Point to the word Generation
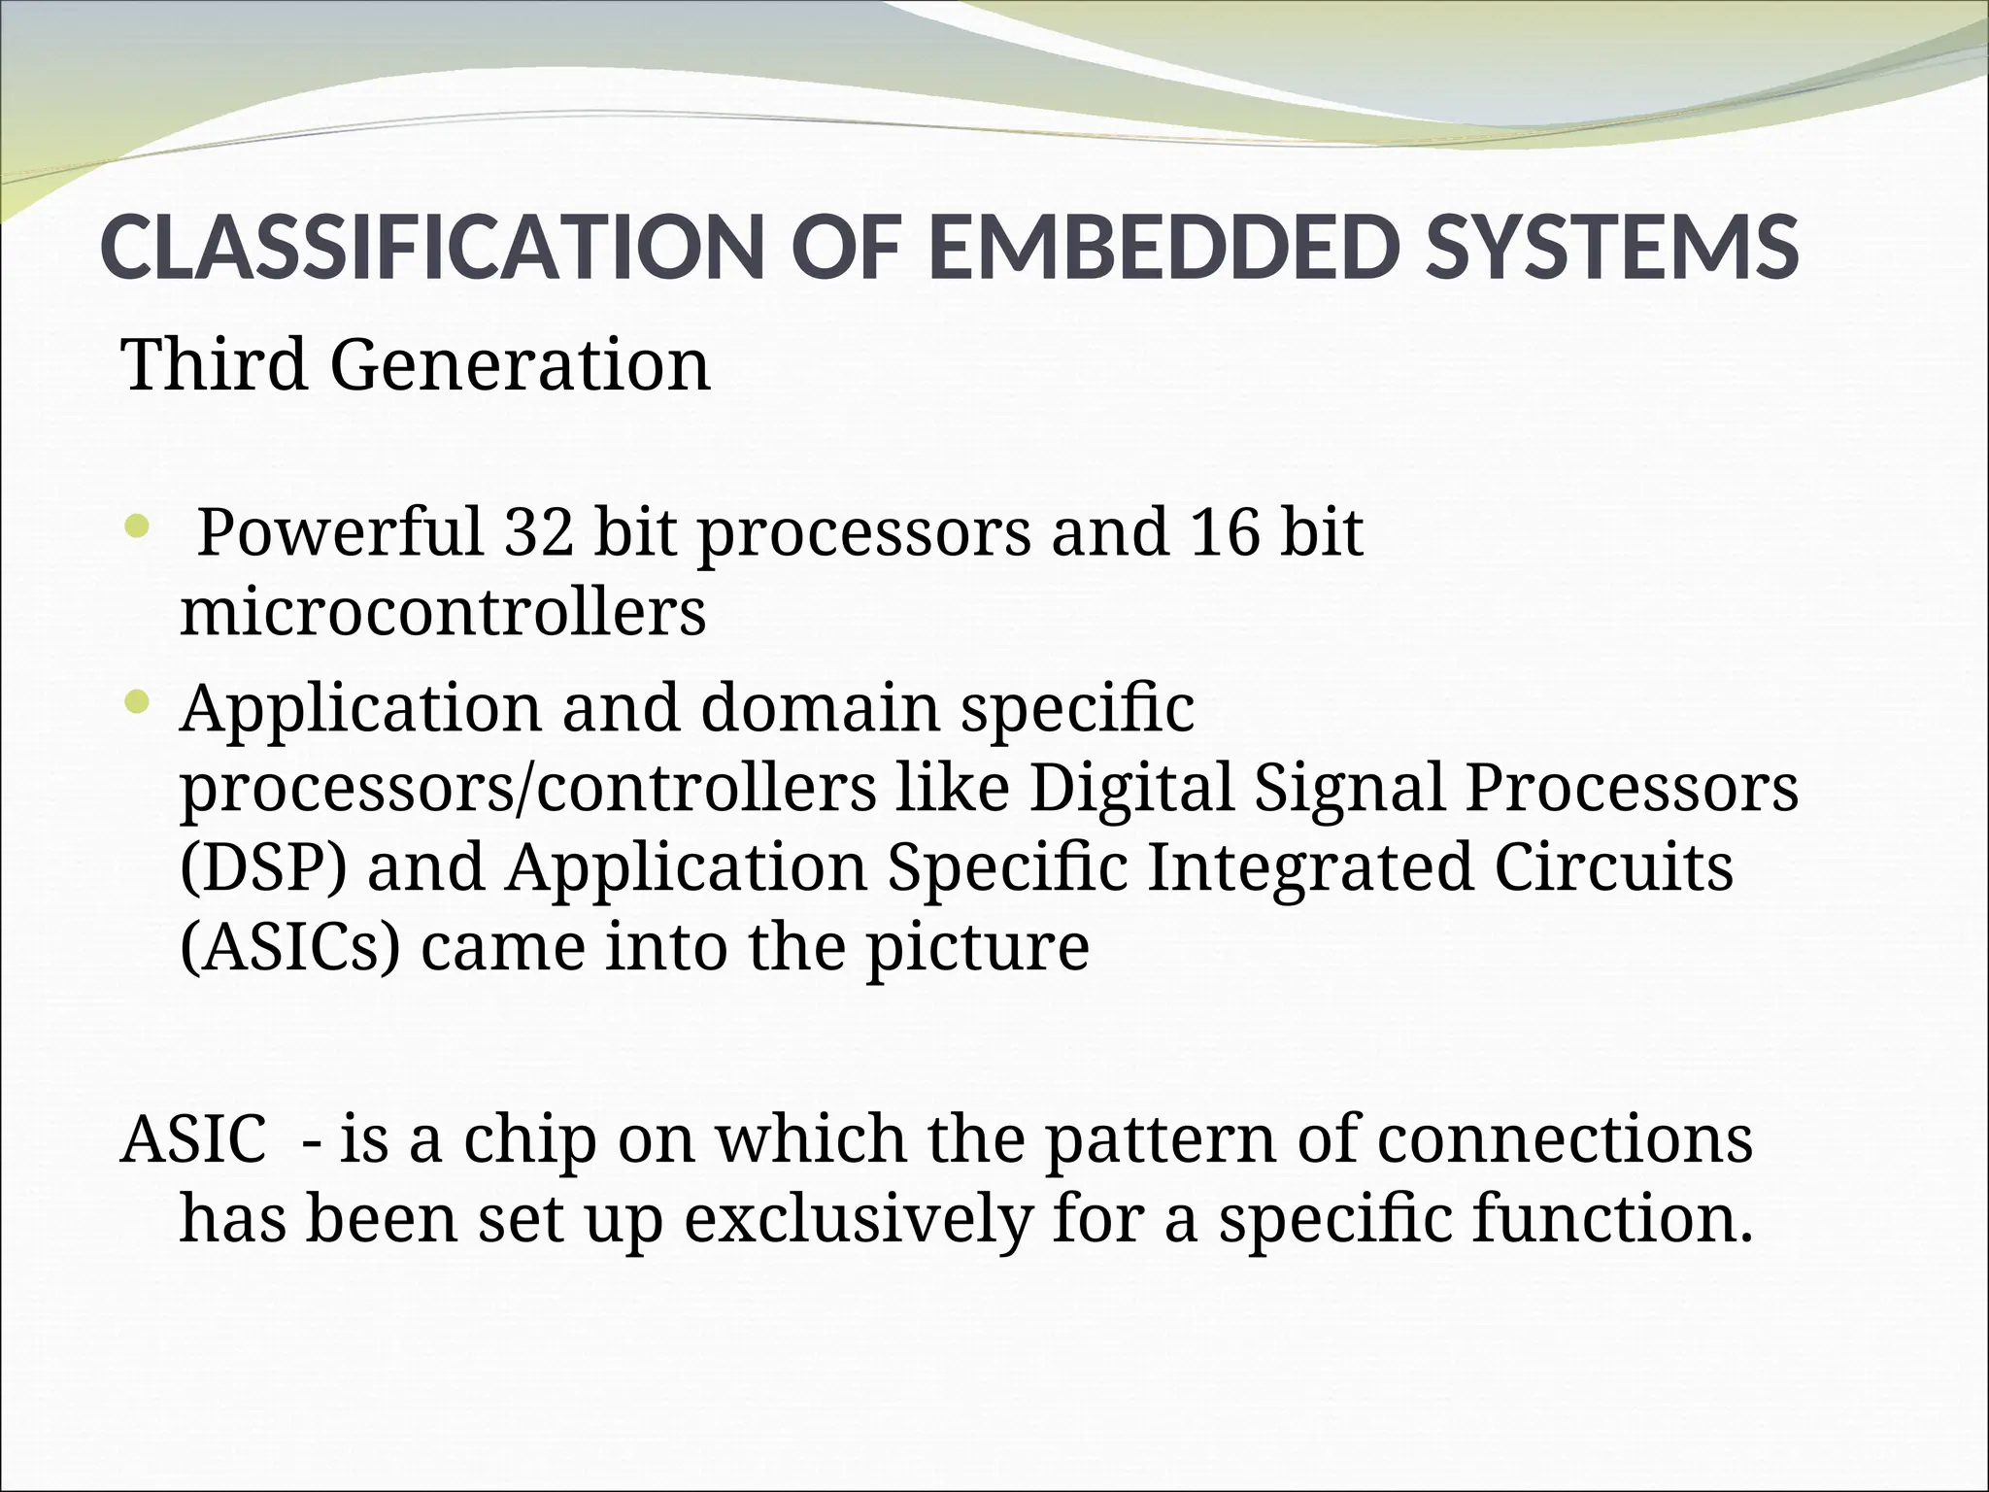pyautogui.click(x=520, y=366)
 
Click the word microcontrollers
pyautogui.click(x=443, y=612)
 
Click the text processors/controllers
pyautogui.click(x=528, y=789)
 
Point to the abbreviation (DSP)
pyautogui.click(x=263, y=866)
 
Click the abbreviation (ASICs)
pyautogui.click(x=289, y=946)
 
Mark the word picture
pyautogui.click(x=977, y=948)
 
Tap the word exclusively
pyautogui.click(x=858, y=1219)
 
